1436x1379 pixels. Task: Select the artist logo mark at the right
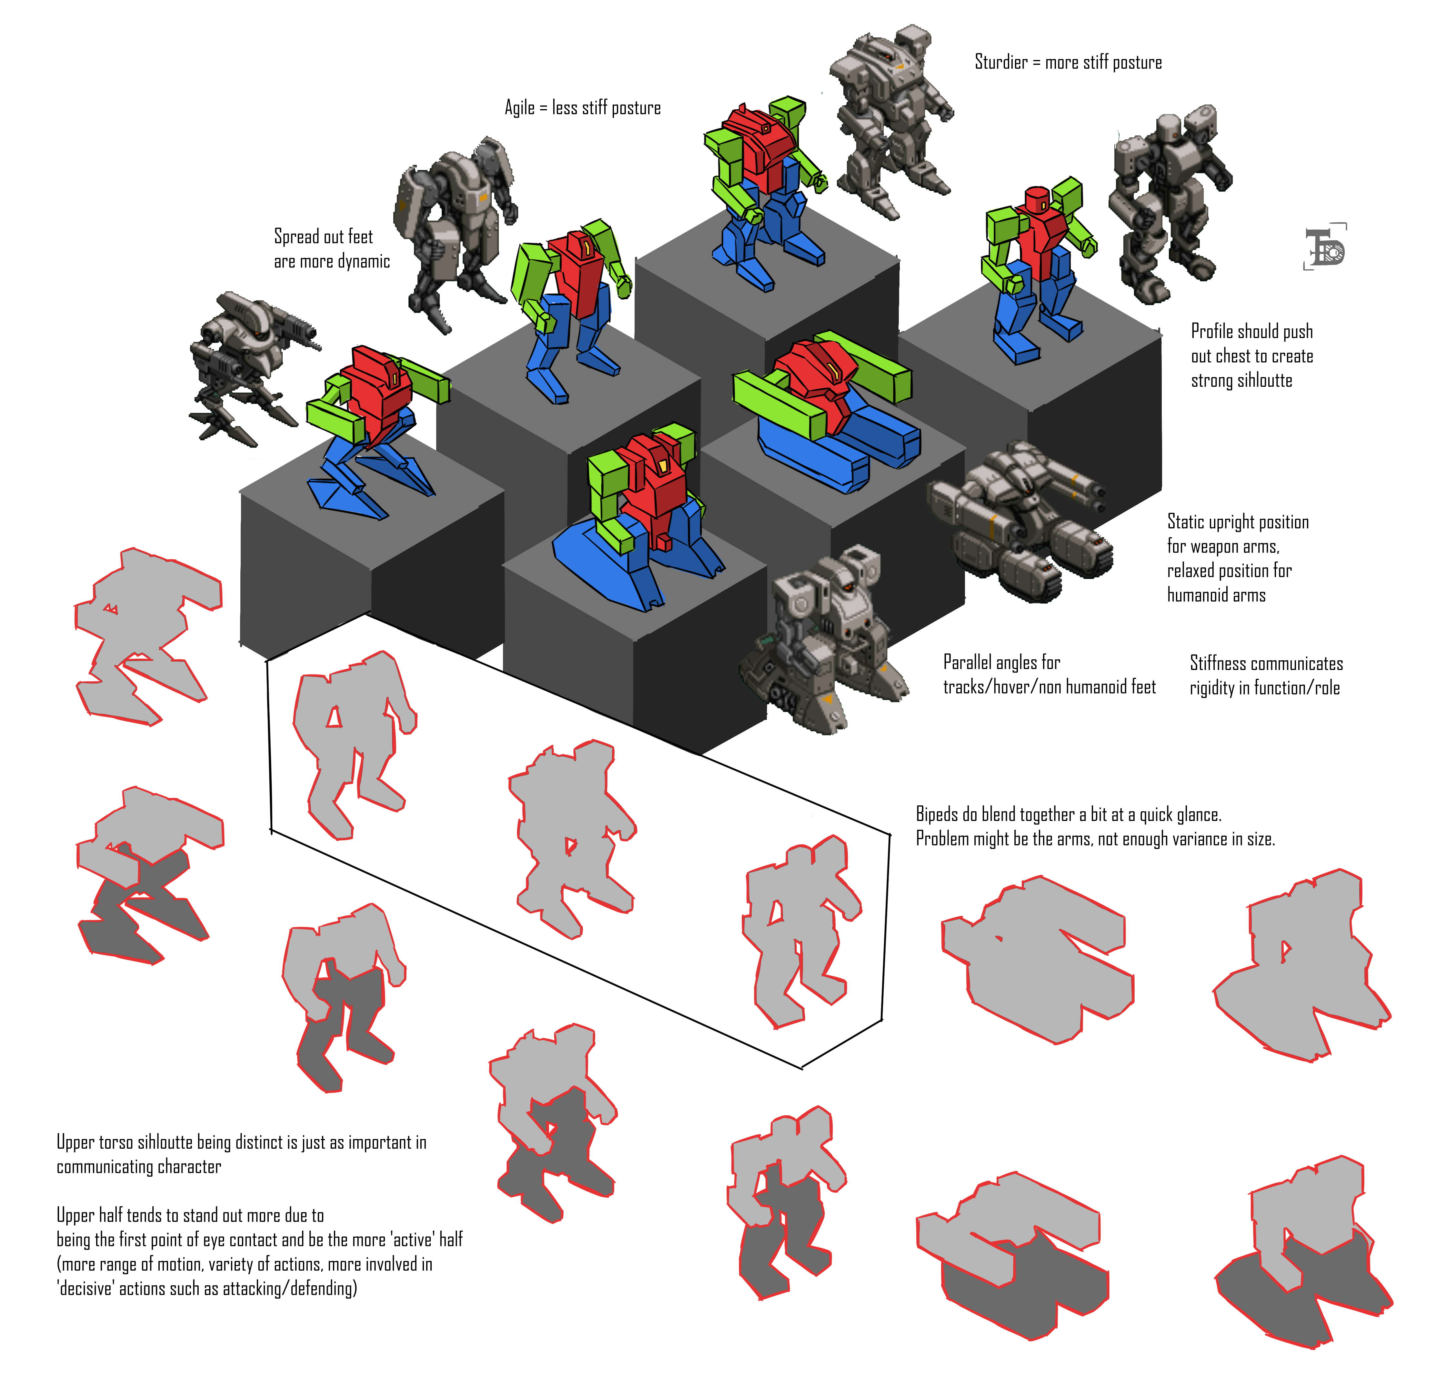pyautogui.click(x=1325, y=247)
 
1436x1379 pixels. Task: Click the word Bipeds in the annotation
pyautogui.click(x=937, y=815)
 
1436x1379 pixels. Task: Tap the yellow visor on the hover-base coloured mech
pyautogui.click(x=663, y=466)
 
